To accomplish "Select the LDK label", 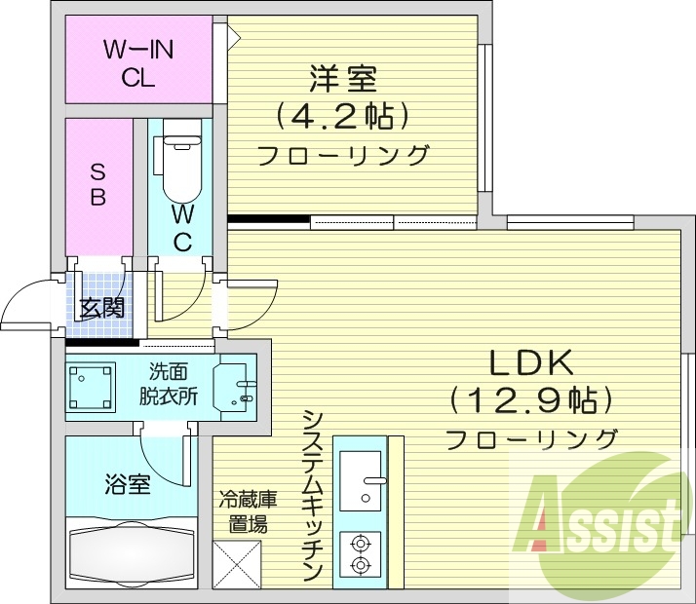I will (529, 362).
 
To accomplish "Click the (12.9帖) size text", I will (531, 399).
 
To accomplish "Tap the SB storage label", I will (97, 183).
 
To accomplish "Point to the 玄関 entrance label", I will (101, 309).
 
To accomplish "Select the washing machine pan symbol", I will (92, 386).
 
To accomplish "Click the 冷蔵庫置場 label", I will (248, 512).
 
